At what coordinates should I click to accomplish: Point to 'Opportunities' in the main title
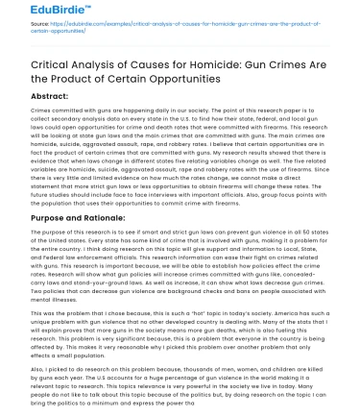point(157,90)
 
